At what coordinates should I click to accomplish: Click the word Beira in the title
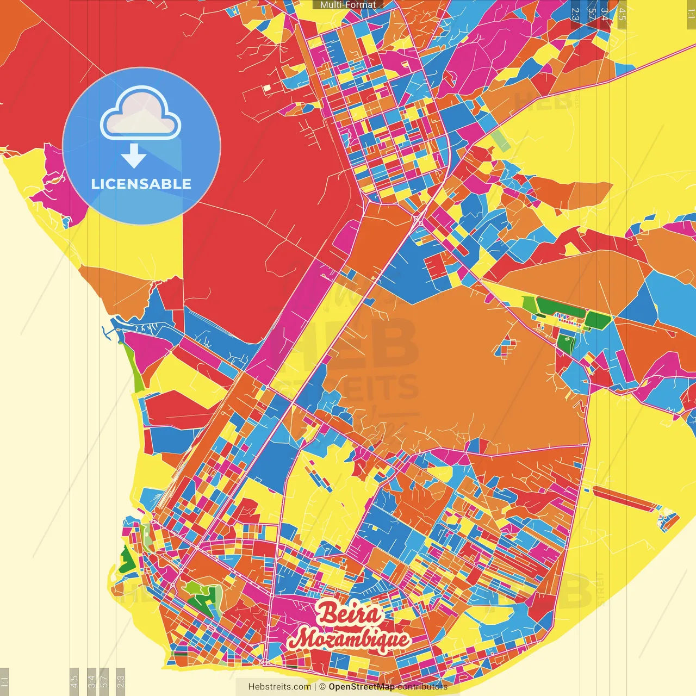pos(349,613)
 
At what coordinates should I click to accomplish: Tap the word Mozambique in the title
pos(349,638)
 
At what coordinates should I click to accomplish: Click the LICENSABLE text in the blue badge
pos(141,184)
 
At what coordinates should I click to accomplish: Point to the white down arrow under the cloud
pos(134,156)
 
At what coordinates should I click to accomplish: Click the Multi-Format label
pos(348,5)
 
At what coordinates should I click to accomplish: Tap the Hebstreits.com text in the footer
pos(279,687)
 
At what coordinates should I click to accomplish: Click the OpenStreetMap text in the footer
pos(361,687)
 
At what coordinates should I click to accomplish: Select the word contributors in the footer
pos(422,687)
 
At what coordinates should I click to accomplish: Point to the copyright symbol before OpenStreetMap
pos(322,687)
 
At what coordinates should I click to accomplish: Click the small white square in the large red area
pos(267,87)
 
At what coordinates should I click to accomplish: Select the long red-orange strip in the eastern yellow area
pos(625,499)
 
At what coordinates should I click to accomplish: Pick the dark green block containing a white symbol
pos(567,341)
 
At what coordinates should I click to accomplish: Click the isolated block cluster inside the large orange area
pos(507,346)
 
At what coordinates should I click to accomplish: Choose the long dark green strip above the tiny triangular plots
pos(560,306)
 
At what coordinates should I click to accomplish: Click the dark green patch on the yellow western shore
pos(126,560)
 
